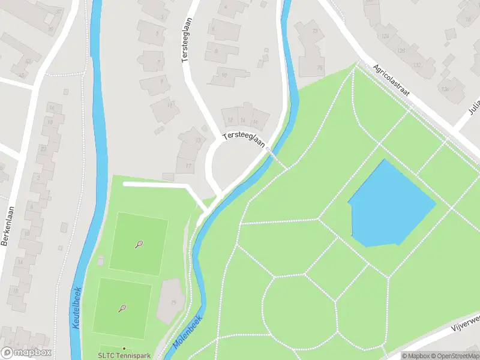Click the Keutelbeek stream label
[x=76, y=305]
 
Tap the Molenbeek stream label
[x=188, y=332]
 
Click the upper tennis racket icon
[x=139, y=244]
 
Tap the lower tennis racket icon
[x=122, y=308]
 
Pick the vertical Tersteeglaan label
[x=185, y=40]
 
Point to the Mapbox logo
[x=26, y=353]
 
